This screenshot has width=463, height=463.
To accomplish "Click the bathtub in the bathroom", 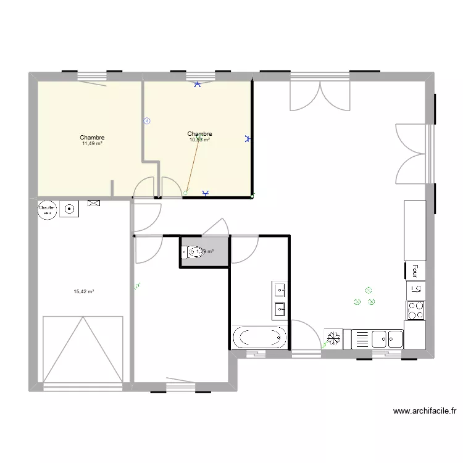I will coord(260,338).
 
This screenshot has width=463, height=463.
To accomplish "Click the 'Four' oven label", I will coord(415,270).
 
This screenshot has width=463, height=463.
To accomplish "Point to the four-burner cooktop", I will coord(415,310).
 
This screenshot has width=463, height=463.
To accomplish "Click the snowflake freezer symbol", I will coord(334,338).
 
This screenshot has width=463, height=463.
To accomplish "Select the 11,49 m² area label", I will coord(92,144).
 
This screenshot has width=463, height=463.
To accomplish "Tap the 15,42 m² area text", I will coord(83,291).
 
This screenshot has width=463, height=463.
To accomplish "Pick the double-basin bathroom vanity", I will coord(280,299).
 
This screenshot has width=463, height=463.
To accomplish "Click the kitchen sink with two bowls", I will coord(386,339).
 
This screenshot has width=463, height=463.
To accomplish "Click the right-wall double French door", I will coord(410,153).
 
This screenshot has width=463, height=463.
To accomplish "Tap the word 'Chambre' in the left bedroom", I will coord(92,138).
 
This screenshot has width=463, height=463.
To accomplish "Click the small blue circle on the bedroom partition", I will coord(146,121).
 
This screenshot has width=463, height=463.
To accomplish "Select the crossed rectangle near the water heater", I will coord(94,202).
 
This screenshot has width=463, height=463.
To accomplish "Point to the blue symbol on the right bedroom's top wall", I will coord(198,85).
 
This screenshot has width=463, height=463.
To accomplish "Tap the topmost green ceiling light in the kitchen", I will coord(369,289).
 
